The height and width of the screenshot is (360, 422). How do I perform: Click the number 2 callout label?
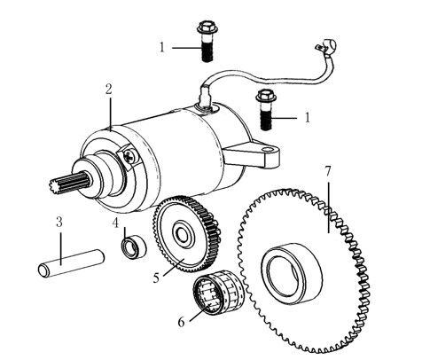(107, 89)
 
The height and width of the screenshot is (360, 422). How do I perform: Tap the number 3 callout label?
(59, 222)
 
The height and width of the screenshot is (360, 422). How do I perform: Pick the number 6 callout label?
(181, 321)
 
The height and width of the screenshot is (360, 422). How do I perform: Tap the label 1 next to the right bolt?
(307, 116)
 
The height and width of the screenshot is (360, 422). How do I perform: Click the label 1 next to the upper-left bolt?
(162, 46)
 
